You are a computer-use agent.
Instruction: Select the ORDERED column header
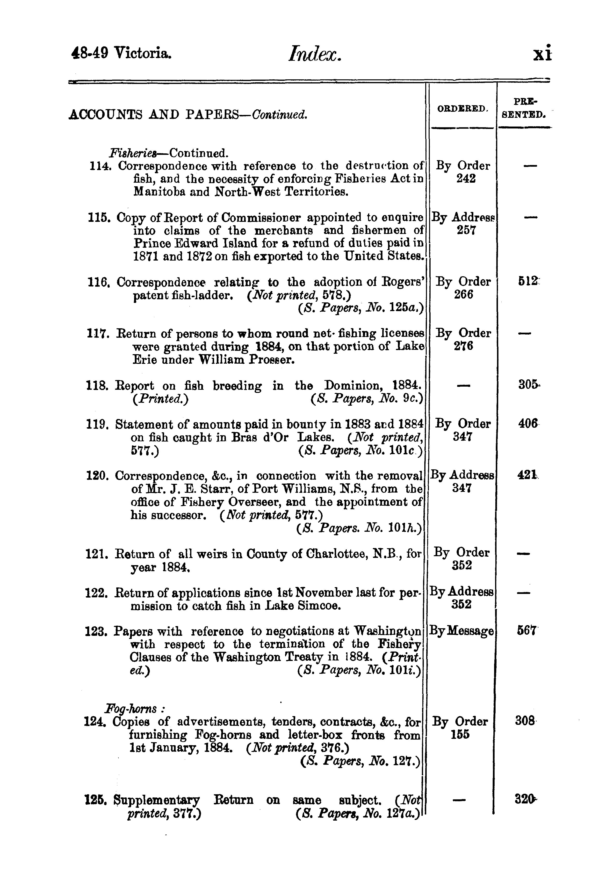pyautogui.click(x=462, y=109)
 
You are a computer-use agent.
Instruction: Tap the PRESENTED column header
pyautogui.click(x=524, y=108)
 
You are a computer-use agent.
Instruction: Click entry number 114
pyautogui.click(x=98, y=166)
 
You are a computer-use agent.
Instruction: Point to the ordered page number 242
pyautogui.click(x=466, y=179)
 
